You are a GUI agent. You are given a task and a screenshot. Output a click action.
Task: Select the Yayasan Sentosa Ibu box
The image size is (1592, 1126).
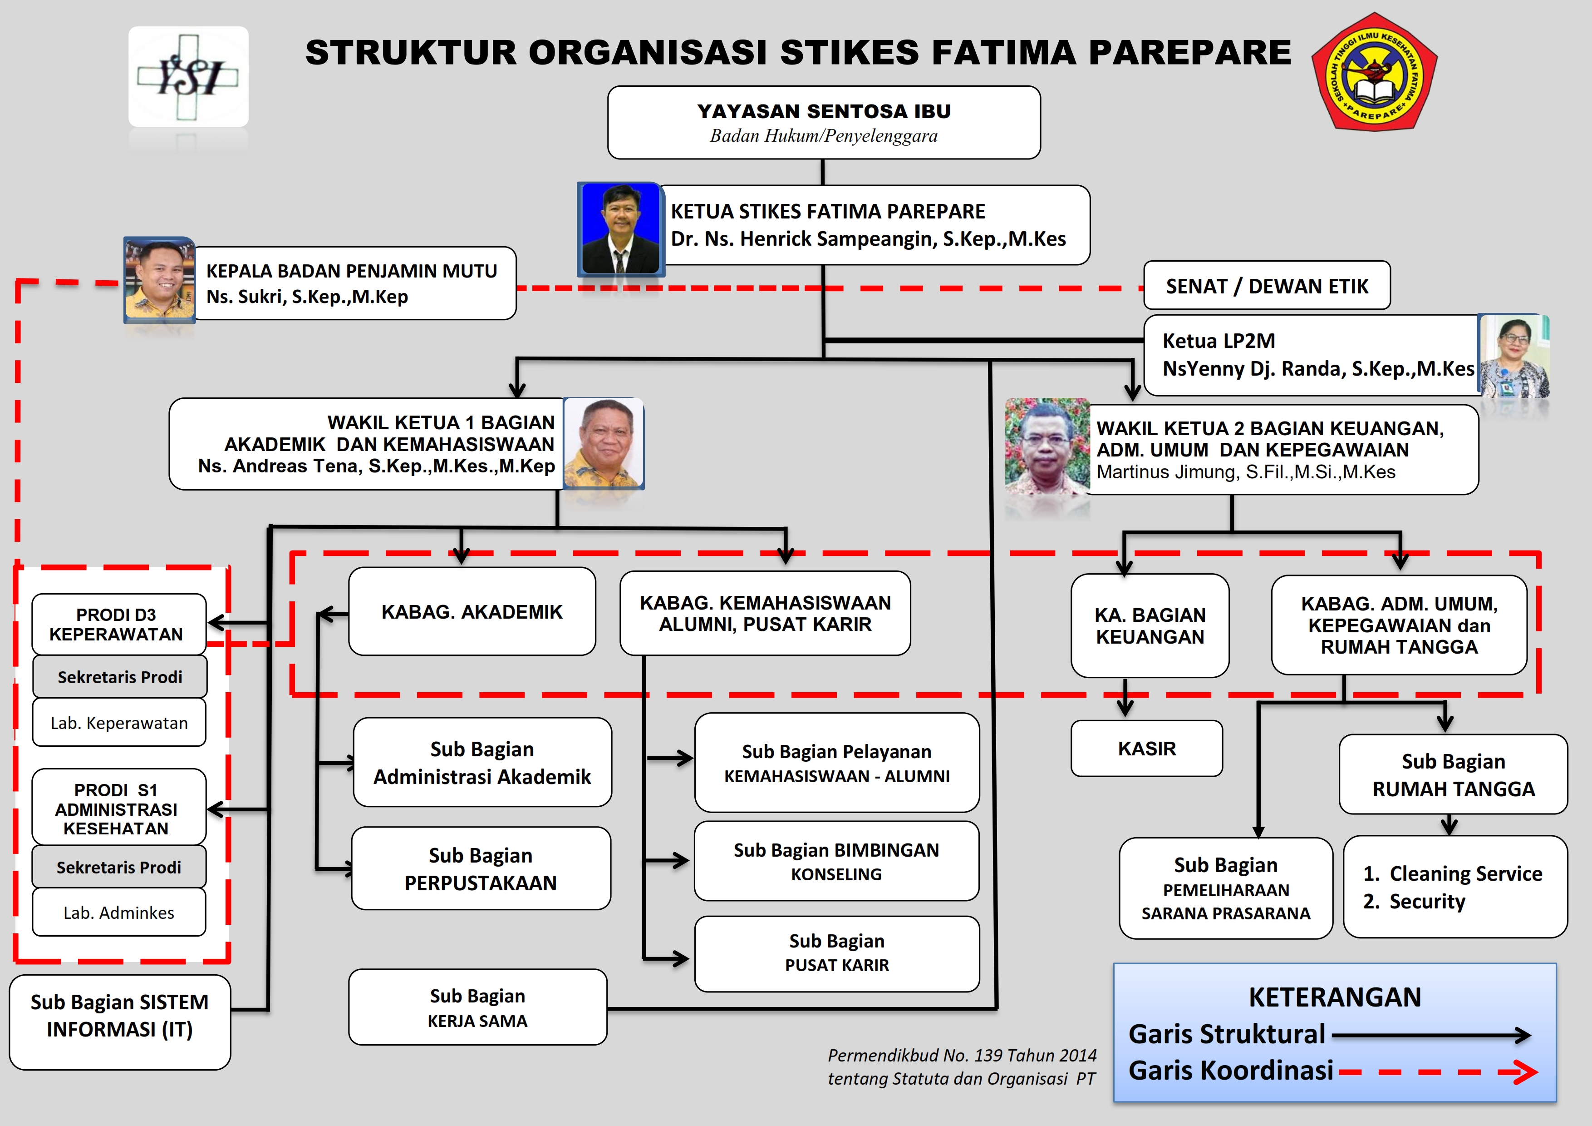tap(824, 123)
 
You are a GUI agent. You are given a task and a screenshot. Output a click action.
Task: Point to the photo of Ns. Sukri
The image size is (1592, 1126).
tap(159, 280)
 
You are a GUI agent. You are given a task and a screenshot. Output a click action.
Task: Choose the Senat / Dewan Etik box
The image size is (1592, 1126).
tap(1266, 286)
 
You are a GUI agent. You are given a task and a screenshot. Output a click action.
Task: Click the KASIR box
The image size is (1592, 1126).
tap(1146, 749)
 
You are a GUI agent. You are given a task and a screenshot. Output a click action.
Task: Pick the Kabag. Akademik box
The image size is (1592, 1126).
tap(472, 612)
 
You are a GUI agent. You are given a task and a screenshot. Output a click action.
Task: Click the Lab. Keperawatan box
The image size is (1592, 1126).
tap(119, 723)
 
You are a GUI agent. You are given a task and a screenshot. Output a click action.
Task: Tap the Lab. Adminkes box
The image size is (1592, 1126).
tap(119, 913)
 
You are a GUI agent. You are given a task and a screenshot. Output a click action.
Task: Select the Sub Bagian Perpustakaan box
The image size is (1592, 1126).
tap(481, 868)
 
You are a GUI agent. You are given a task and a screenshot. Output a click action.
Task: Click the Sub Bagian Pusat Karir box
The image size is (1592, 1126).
tap(836, 953)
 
